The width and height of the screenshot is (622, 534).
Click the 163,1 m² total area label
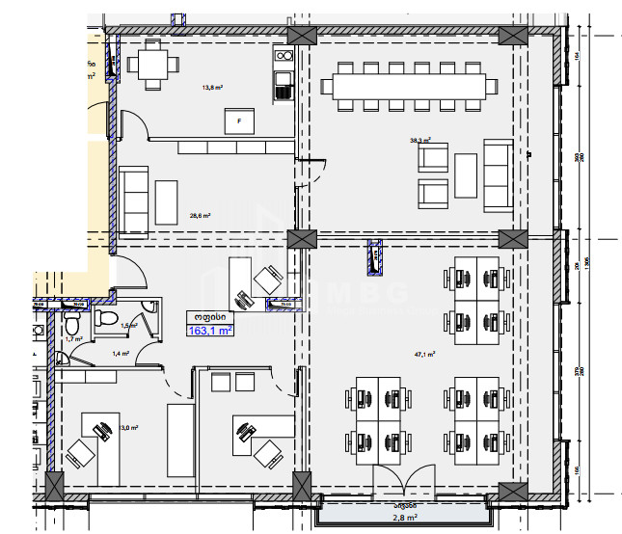(209, 331)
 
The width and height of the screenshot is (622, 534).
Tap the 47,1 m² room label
(424, 355)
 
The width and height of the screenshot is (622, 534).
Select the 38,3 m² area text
(420, 140)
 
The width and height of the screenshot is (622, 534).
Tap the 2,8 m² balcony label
(404, 518)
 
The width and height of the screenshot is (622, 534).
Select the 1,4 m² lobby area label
(121, 355)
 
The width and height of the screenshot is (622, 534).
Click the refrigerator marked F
(240, 121)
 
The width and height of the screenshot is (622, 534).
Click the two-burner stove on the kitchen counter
(283, 62)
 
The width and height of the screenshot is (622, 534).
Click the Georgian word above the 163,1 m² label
(209, 316)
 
